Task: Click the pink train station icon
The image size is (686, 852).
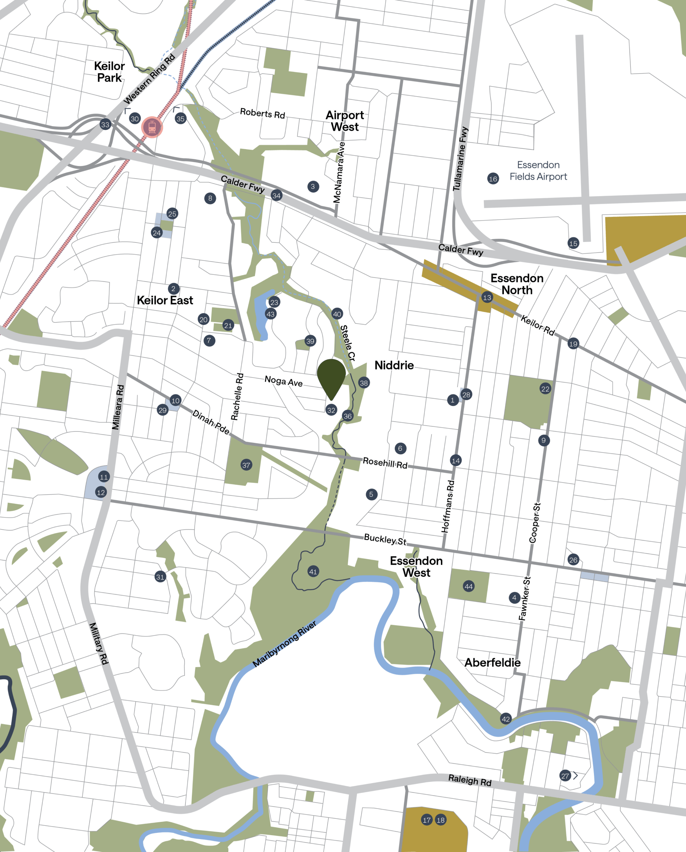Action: tap(152, 127)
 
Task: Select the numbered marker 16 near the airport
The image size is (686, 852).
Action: tap(493, 179)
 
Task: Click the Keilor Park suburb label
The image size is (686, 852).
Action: tap(110, 72)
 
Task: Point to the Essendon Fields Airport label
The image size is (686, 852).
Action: tap(538, 171)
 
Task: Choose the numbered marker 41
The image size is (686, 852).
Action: tap(313, 571)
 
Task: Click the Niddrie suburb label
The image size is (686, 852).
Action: tap(394, 365)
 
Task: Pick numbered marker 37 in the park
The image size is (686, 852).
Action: tap(246, 465)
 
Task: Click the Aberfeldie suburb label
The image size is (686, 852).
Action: tap(492, 663)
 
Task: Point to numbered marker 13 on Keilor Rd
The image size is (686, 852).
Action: tap(487, 297)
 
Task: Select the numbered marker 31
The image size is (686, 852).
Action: tap(160, 577)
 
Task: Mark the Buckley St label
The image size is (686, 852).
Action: tap(385, 540)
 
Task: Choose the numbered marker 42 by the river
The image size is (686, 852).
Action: tap(506, 719)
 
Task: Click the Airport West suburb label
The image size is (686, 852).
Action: tap(345, 121)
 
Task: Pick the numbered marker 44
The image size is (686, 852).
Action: tap(469, 587)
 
